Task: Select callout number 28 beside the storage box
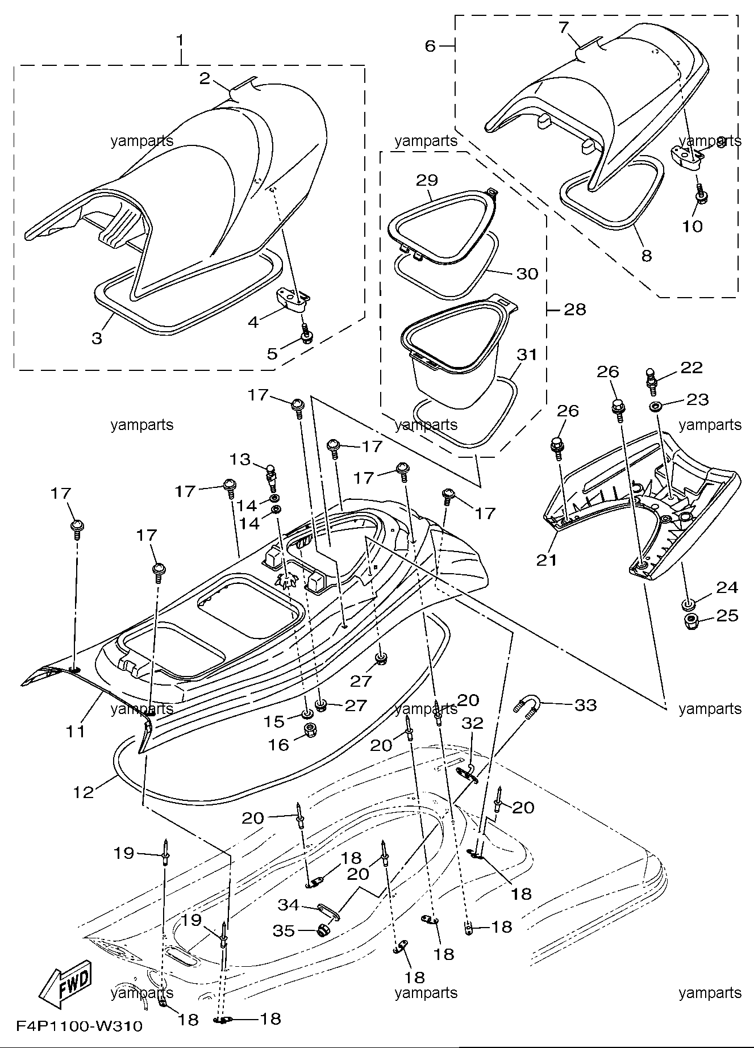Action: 574,309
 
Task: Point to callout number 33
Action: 586,705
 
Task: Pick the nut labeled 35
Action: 323,930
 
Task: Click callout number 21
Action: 547,560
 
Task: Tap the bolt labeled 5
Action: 306,333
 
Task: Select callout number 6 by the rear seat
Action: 430,45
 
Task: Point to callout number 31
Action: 527,354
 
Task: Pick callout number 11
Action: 76,731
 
